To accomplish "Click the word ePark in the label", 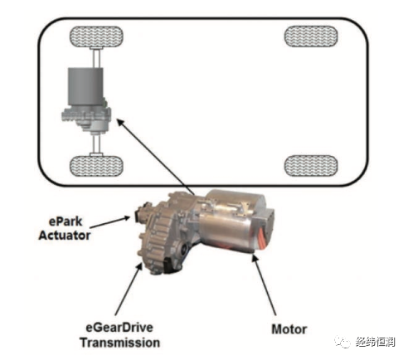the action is [66, 221].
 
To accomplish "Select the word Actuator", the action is [65, 236].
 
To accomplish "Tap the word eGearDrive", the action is [119, 328].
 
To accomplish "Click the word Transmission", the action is [120, 343].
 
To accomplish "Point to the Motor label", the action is [289, 329].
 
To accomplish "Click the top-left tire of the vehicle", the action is [96, 36].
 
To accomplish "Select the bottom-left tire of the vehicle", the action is [96, 166].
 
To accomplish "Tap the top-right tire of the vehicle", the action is [311, 36].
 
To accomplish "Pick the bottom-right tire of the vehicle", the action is [311, 166].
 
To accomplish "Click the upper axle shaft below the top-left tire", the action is [96, 57].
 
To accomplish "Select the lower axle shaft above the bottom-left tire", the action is [96, 145].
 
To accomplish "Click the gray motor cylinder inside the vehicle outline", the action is [85, 86].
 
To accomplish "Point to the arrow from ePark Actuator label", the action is [109, 222].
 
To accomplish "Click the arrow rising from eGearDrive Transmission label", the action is [129, 289].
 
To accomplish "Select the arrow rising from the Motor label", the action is [264, 285].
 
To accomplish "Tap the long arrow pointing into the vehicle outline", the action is [156, 158].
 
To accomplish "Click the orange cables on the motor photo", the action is [262, 236].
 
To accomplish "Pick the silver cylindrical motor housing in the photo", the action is [233, 221].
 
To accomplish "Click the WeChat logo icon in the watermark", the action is [342, 342].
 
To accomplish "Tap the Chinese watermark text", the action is [376, 343].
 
